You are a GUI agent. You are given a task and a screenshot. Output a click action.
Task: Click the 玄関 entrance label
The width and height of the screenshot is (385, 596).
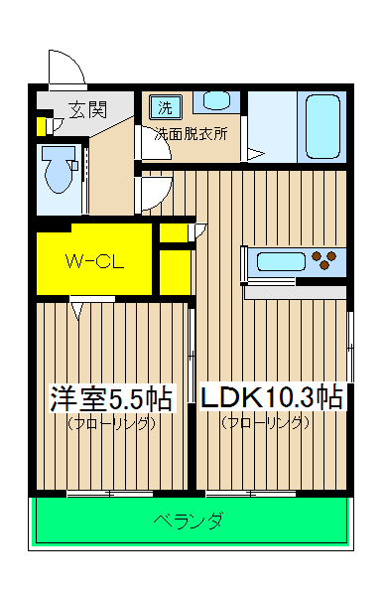[87, 109]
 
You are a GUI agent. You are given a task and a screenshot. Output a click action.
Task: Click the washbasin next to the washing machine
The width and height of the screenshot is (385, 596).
[213, 101]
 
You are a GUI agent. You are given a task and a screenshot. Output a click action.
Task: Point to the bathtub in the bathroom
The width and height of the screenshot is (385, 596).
[321, 126]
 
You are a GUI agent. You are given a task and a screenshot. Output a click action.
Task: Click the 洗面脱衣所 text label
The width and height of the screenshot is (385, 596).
[191, 133]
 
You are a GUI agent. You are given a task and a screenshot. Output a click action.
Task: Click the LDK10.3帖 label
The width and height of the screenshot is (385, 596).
[272, 399]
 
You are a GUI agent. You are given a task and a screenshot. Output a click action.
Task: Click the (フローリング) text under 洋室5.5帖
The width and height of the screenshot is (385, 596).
[112, 423]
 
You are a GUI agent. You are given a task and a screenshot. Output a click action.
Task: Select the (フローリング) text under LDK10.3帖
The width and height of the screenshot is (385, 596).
[266, 423]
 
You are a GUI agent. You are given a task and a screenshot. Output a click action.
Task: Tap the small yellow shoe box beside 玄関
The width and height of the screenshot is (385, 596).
[41, 126]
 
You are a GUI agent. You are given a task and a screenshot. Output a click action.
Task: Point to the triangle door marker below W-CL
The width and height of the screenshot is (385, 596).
[78, 311]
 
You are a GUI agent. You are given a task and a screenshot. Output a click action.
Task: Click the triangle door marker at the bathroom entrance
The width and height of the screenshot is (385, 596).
[255, 154]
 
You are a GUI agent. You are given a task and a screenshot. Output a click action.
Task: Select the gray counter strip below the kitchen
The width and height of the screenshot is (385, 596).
[296, 292]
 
